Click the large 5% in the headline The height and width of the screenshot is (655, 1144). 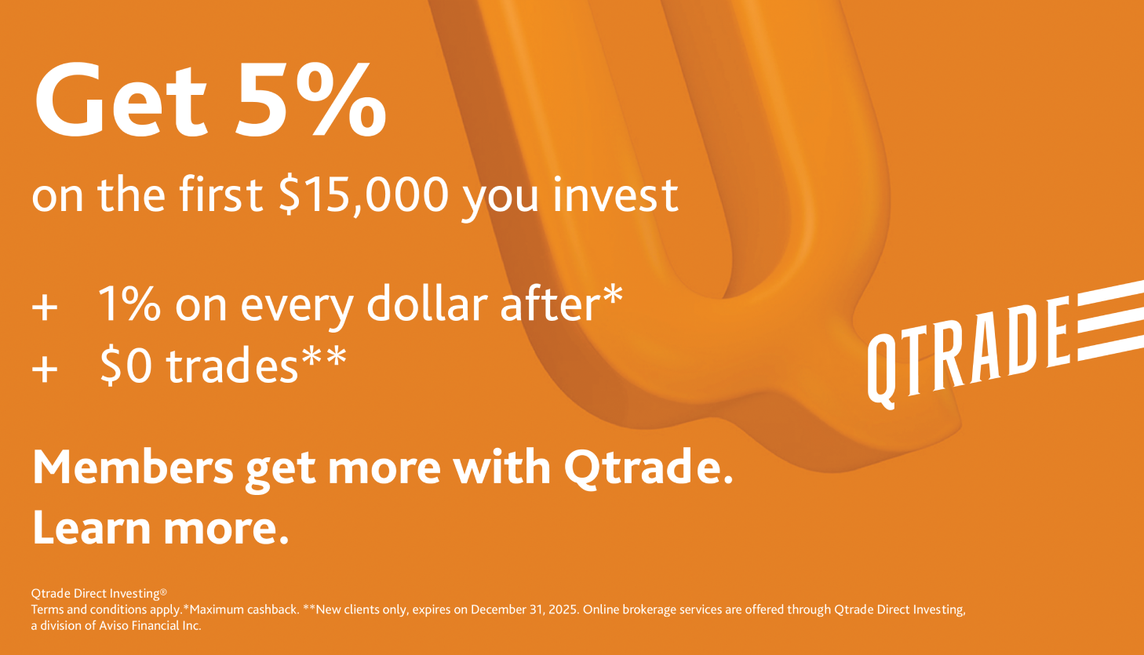(310, 100)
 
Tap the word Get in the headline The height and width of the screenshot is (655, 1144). (121, 100)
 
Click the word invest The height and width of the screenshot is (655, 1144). (615, 194)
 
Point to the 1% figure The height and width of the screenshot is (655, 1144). (129, 304)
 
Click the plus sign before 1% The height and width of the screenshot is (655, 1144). (45, 307)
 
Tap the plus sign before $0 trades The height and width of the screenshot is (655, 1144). (45, 369)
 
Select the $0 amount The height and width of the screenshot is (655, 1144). (126, 365)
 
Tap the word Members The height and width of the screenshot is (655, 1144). (133, 467)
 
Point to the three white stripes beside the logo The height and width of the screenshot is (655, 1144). (1111, 321)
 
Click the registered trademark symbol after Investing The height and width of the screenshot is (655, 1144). (163, 591)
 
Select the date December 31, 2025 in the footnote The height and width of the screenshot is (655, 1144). (525, 610)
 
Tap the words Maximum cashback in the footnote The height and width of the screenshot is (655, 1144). (243, 610)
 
